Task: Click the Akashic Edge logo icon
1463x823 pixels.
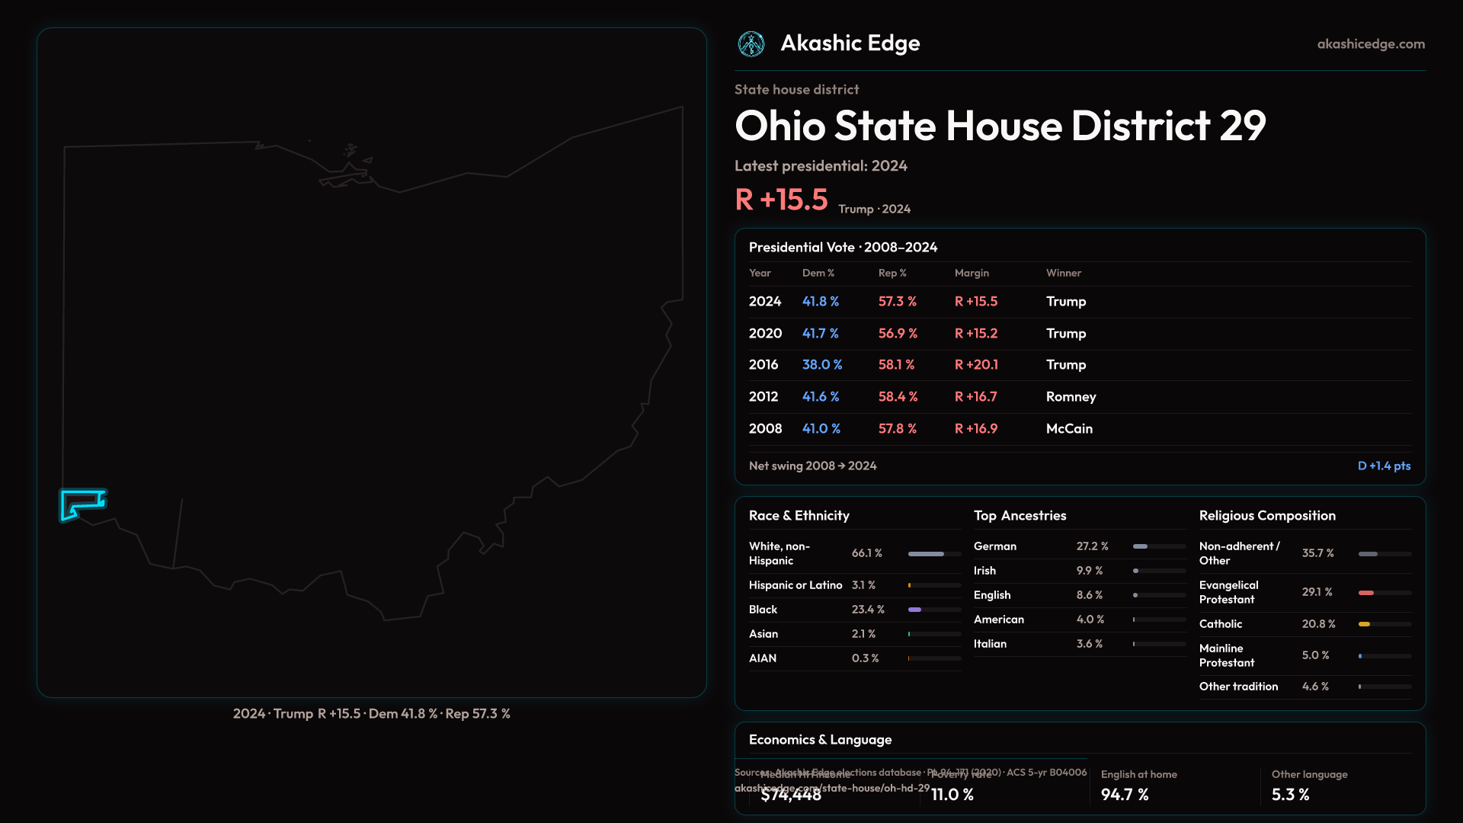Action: pos(751,44)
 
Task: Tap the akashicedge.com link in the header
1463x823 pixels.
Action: pos(1371,44)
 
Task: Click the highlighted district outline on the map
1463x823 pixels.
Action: pos(82,504)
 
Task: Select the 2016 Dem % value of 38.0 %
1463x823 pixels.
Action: pos(822,365)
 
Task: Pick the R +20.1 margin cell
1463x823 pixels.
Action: pos(976,365)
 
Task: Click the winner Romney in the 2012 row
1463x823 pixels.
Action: pos(1071,397)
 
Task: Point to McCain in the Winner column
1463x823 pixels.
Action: pos(1069,429)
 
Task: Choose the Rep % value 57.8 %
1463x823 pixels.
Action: pos(898,429)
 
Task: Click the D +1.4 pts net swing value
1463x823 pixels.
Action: pos(1384,466)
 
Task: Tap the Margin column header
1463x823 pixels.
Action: pos(972,273)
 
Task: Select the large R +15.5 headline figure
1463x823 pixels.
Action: pos(781,200)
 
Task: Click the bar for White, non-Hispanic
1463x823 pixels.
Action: pos(926,554)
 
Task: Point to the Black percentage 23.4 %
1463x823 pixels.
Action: pos(868,610)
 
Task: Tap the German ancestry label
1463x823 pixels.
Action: pos(995,546)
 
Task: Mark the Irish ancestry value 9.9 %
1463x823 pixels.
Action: pos(1090,571)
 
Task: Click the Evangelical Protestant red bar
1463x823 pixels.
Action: pos(1366,593)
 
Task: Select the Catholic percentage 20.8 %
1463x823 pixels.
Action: pos(1318,624)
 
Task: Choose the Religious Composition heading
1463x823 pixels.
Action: pos(1267,516)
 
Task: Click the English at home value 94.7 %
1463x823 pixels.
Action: pos(1125,795)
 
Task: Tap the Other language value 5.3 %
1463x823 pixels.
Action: pos(1290,795)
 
